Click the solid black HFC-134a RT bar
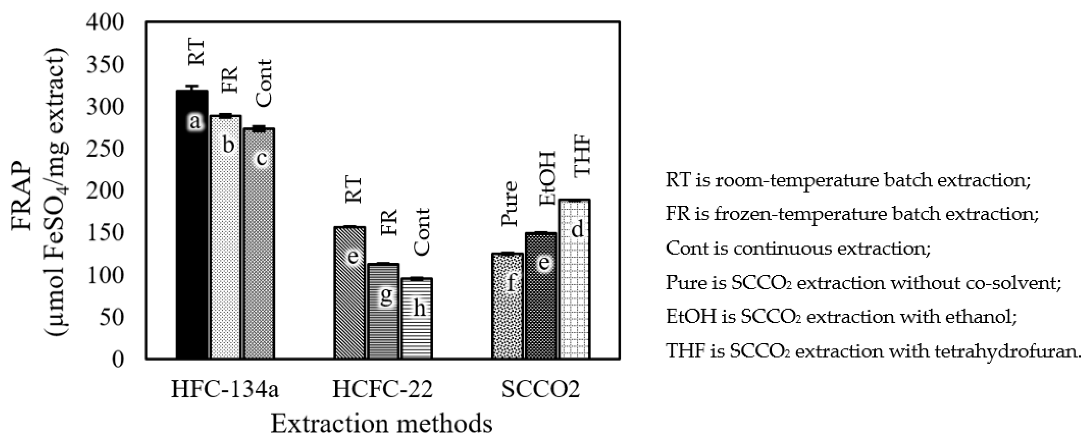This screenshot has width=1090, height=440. pyautogui.click(x=192, y=224)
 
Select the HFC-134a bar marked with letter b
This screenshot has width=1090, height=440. pyautogui.click(x=226, y=237)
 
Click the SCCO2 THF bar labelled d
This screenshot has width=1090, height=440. pyautogui.click(x=575, y=279)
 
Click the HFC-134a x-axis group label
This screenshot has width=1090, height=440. pyautogui.click(x=225, y=389)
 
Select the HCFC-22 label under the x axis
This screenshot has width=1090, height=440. pyautogui.click(x=382, y=389)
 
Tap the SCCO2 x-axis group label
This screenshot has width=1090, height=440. pyautogui.click(x=540, y=389)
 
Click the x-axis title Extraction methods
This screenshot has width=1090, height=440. pyautogui.click(x=382, y=423)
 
